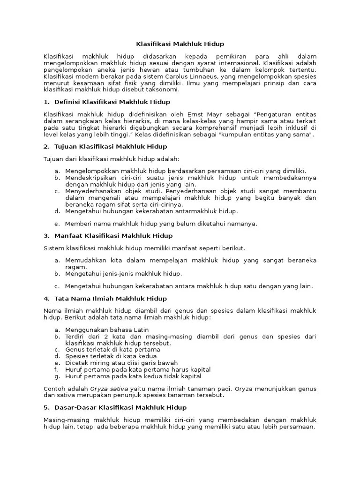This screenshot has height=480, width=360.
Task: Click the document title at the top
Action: click(180, 44)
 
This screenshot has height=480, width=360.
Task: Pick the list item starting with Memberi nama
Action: click(161, 224)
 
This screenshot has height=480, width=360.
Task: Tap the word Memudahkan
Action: click(84, 260)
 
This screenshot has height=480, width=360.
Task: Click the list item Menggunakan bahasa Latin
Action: click(107, 330)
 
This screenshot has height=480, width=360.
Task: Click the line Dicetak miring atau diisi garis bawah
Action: click(121, 363)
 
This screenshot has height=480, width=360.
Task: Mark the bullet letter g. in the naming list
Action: click(56, 376)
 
